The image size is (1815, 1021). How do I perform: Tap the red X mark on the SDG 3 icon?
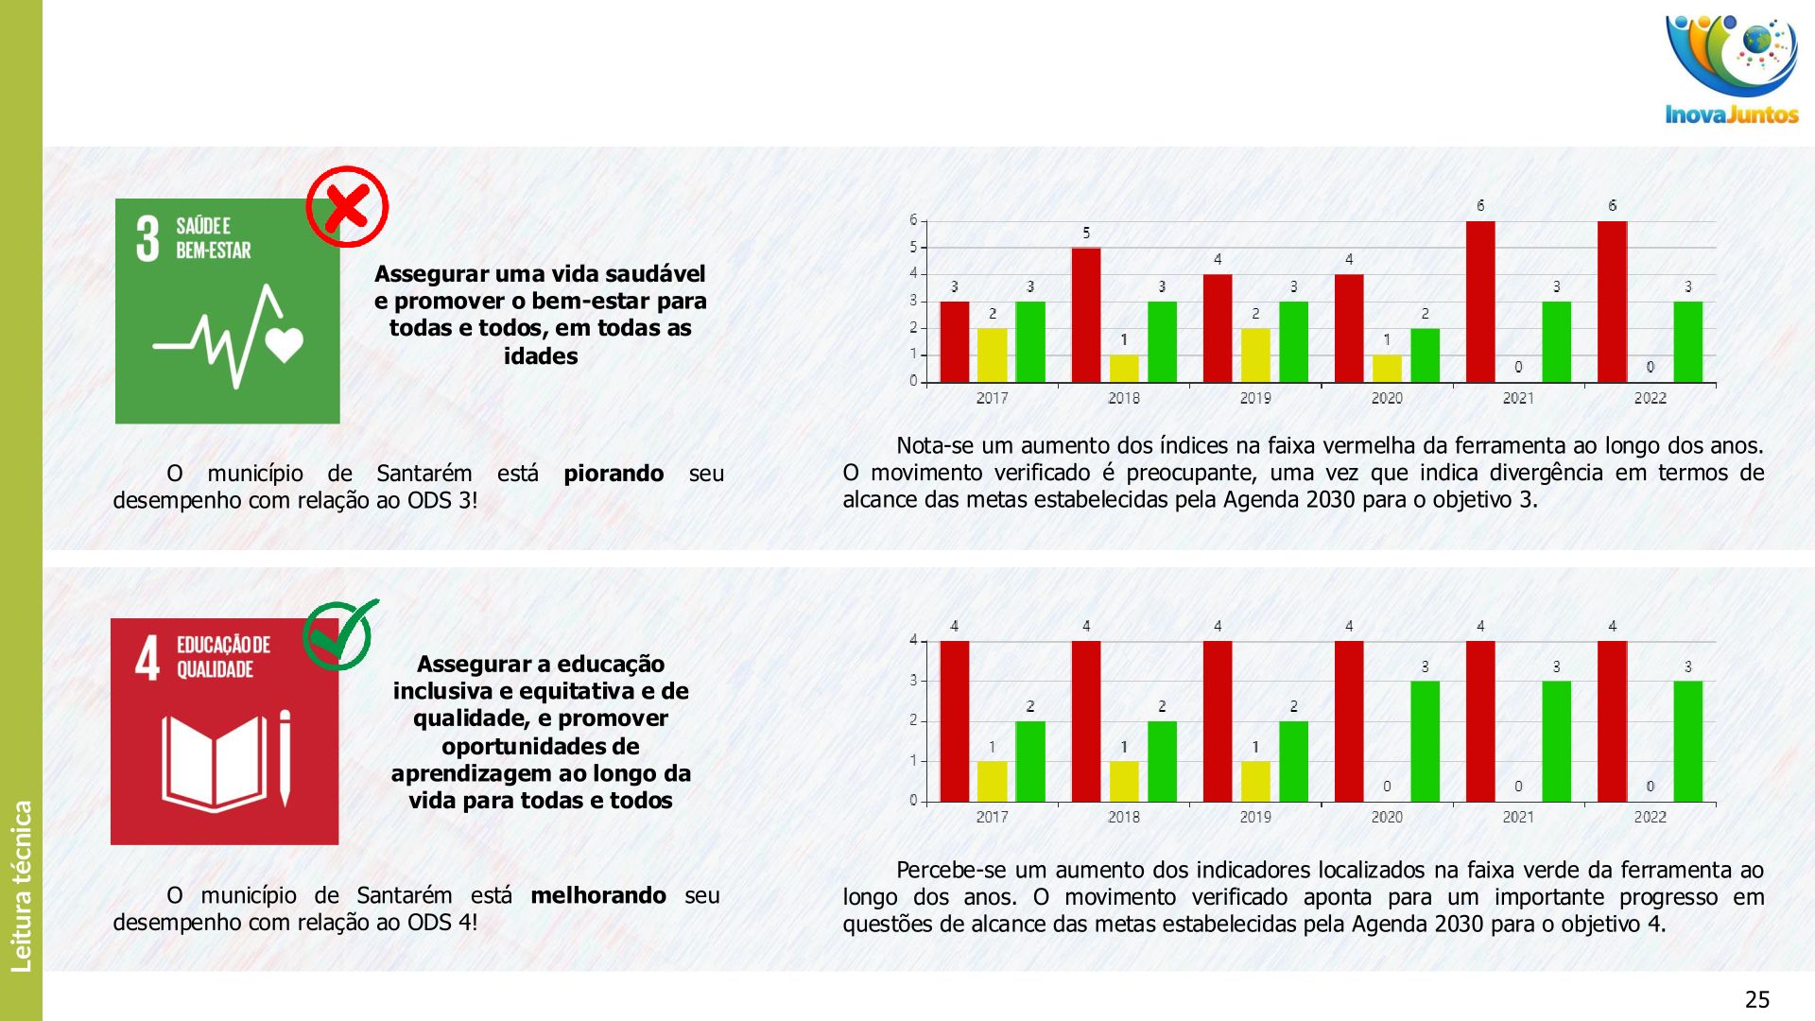(347, 206)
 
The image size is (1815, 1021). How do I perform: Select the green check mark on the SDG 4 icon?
(339, 633)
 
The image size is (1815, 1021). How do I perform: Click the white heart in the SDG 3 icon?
(285, 344)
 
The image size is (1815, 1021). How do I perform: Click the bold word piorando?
(614, 474)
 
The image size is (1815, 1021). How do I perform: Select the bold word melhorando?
(598, 895)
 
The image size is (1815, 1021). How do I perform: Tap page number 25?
(1757, 999)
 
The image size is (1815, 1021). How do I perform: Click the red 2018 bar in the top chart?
(1086, 315)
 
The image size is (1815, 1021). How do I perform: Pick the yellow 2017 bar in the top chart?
(992, 355)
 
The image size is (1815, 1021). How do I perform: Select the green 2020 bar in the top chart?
(1425, 355)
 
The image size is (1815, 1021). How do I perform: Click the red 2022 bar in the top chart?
(1612, 302)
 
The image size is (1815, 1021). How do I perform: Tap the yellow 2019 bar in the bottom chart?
(1255, 781)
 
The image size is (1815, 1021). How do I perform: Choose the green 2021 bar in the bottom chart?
(1556, 741)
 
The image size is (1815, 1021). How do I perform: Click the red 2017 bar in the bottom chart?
(955, 721)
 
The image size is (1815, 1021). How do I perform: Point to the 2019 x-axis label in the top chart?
(1255, 398)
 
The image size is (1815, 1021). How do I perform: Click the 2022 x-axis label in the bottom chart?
(1650, 817)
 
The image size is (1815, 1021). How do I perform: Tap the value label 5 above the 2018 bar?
(1086, 233)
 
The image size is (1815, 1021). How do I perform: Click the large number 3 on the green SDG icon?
(147, 238)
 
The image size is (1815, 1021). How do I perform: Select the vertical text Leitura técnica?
(21, 886)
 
